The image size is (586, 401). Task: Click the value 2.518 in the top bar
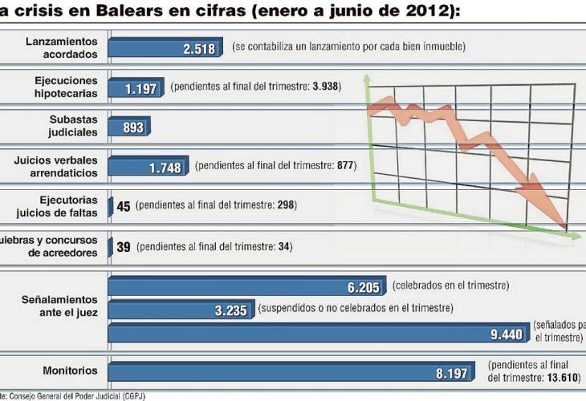click(x=198, y=47)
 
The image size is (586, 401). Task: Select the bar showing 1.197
click(x=136, y=87)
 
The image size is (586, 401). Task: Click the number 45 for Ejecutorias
click(x=124, y=206)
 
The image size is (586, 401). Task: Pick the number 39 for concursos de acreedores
click(x=124, y=246)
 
